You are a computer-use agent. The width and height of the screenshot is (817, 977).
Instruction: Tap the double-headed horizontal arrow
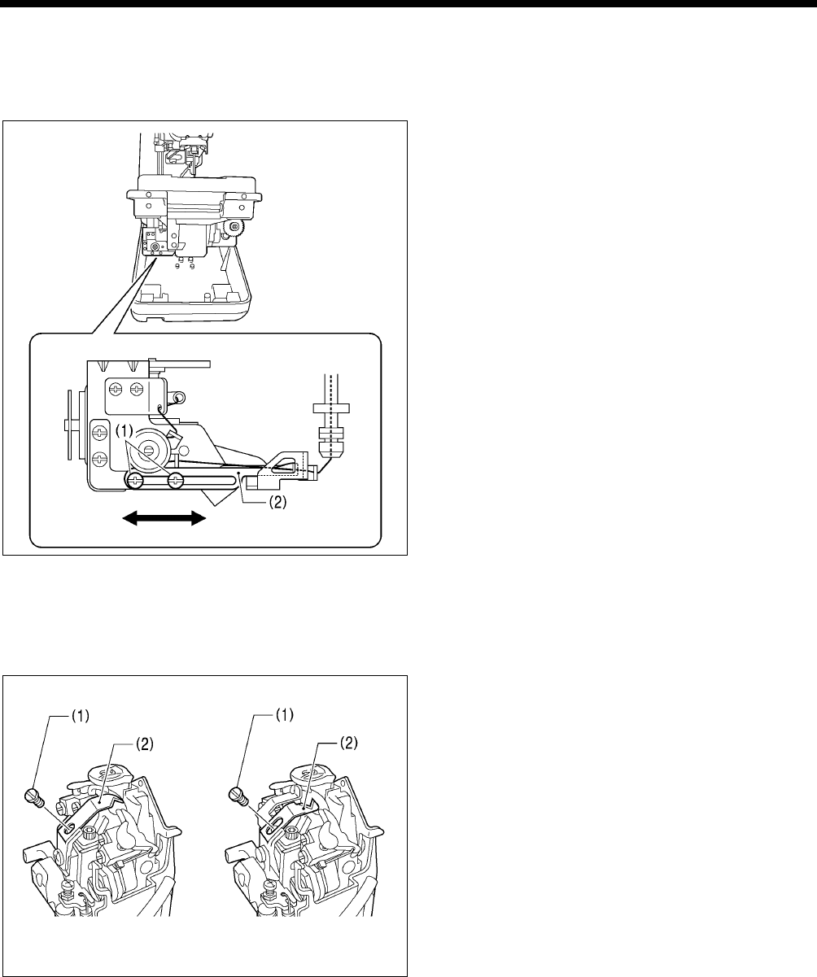[163, 517]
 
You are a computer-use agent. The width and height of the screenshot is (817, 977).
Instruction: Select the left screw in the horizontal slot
[136, 482]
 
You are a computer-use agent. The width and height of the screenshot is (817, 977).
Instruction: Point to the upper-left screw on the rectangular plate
[117, 390]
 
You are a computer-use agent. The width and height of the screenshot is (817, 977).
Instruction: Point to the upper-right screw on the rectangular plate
[137, 390]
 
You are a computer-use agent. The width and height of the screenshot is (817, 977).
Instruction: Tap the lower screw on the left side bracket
[100, 459]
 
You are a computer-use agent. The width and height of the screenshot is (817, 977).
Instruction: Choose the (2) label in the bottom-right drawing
[346, 744]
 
